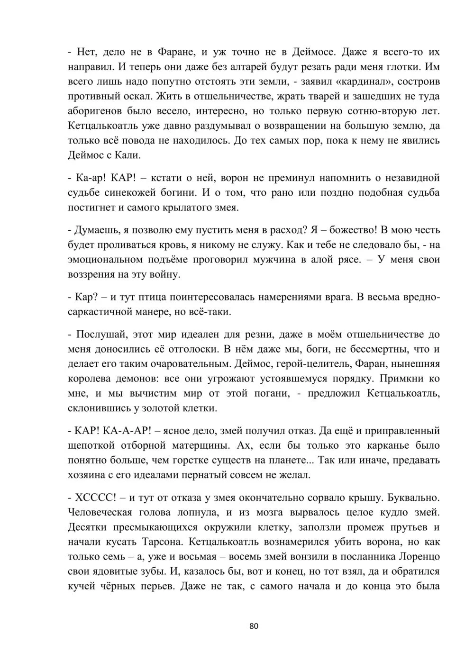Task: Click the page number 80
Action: [x=254, y=626]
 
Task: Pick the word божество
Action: [x=349, y=230]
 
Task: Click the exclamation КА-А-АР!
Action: [x=127, y=431]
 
